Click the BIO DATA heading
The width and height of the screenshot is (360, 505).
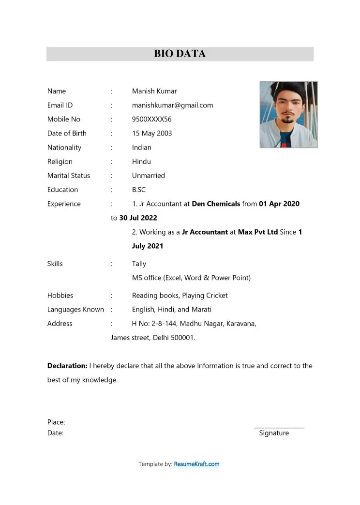180,54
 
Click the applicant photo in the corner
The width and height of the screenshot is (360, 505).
288,114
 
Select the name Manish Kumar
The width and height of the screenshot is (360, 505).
154,91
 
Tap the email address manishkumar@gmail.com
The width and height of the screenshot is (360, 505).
172,105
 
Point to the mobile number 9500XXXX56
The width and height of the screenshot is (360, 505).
151,119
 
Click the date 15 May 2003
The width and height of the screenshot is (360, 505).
152,133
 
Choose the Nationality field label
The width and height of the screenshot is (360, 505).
64,147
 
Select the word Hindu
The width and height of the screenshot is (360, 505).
141,161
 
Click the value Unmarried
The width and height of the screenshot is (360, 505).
148,175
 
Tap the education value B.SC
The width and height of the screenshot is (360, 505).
139,190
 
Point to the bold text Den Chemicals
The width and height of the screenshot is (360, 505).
216,204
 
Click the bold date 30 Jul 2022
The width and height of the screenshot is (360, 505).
138,218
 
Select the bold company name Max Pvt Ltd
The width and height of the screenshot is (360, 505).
258,232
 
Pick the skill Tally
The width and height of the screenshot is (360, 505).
139,264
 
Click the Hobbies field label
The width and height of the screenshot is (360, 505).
60,295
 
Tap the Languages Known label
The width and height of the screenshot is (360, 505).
75,309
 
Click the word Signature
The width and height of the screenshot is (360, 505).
274,433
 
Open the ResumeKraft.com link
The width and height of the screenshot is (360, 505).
196,464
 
